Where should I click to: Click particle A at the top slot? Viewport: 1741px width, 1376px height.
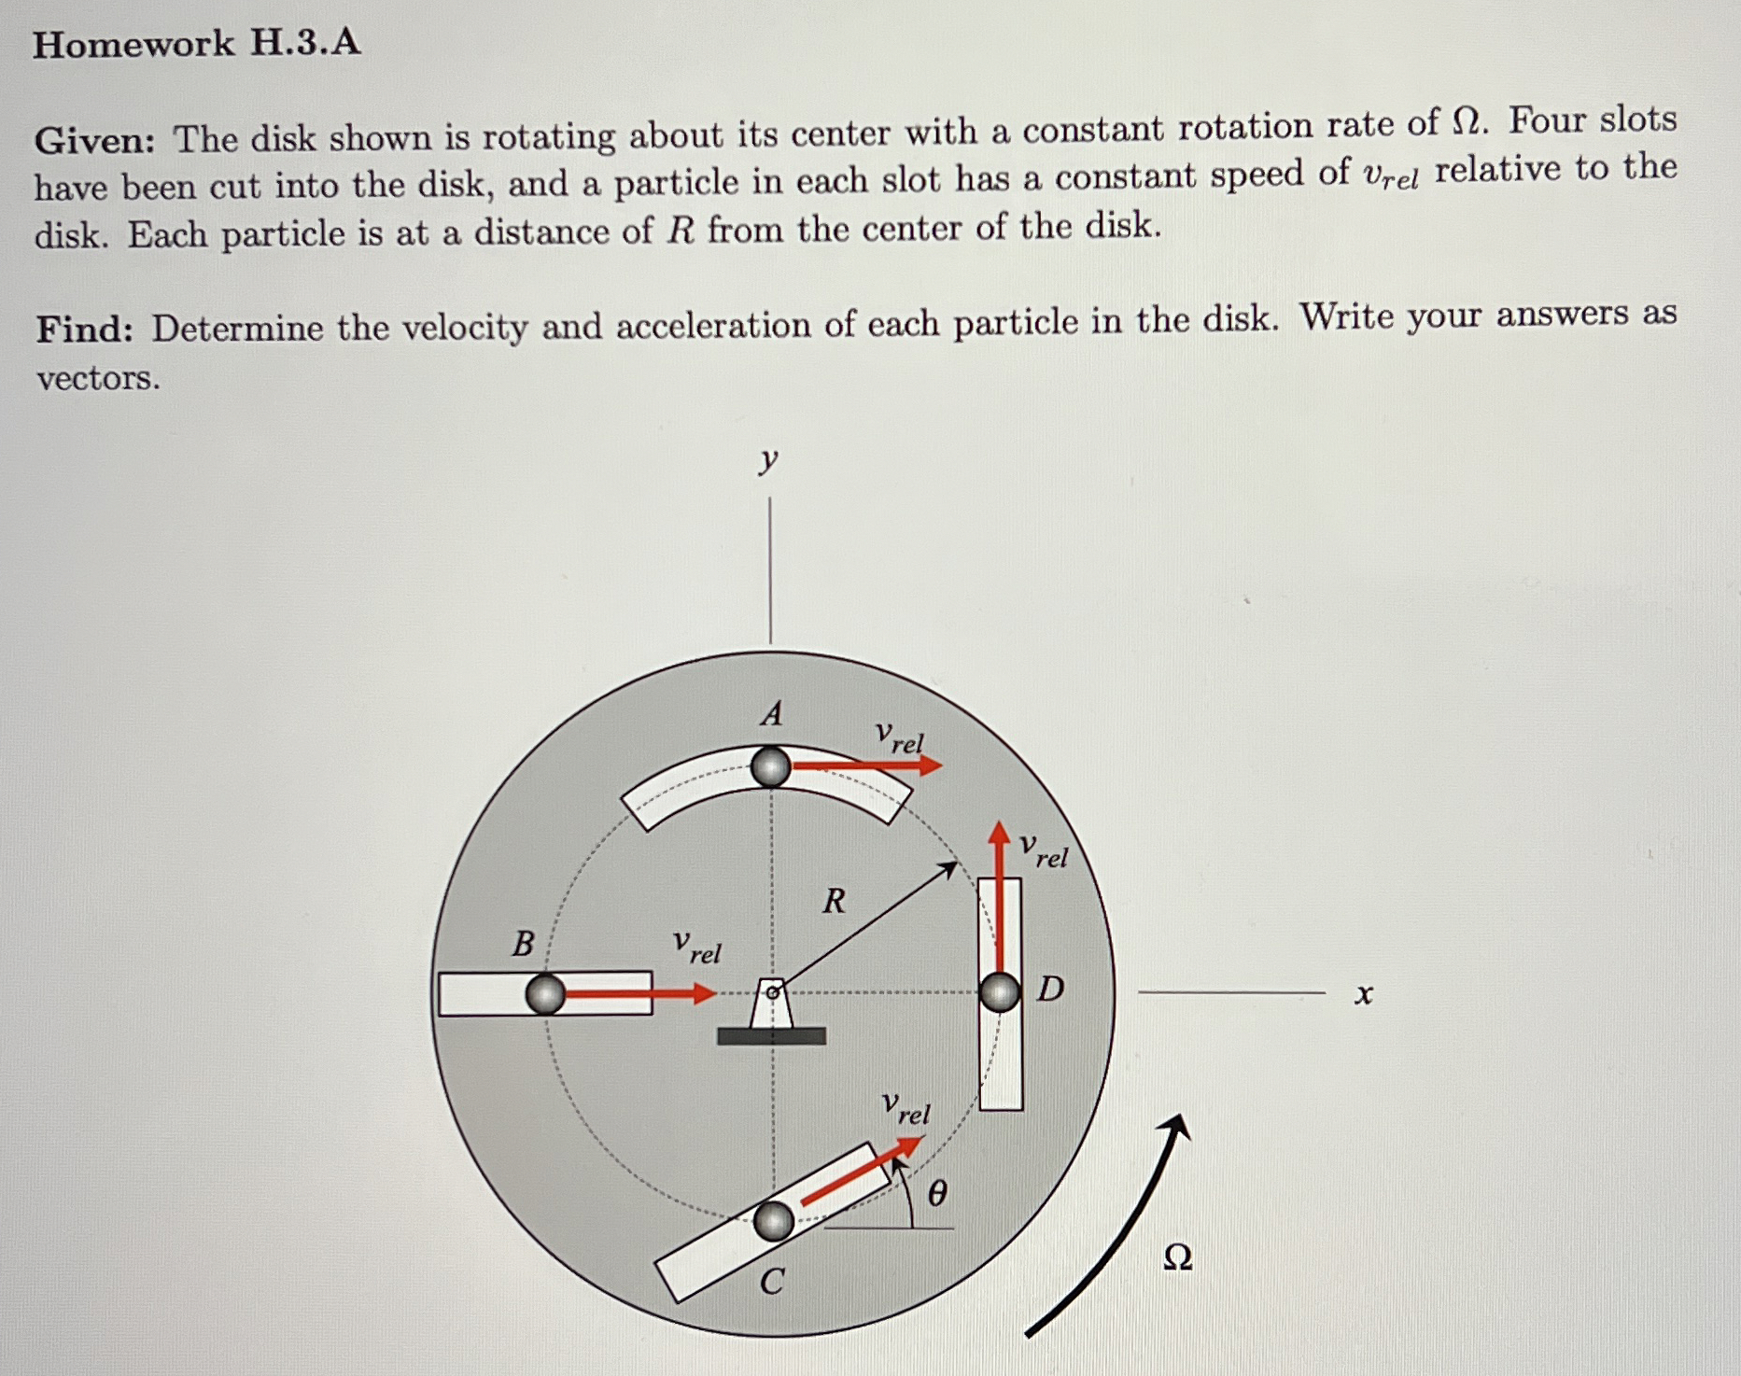(x=771, y=767)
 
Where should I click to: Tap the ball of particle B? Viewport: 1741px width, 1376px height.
(x=545, y=994)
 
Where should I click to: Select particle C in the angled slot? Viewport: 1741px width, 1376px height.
(x=774, y=1221)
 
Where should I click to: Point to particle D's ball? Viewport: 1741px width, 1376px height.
(x=1000, y=991)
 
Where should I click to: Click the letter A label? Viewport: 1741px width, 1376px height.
(x=771, y=714)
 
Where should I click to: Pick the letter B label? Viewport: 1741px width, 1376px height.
(x=523, y=944)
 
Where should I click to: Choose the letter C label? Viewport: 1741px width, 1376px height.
(x=771, y=1283)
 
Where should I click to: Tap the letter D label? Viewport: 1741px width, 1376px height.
(x=1050, y=989)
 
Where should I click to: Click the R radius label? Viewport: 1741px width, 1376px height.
(x=834, y=901)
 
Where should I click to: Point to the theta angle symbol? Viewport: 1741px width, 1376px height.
(x=937, y=1193)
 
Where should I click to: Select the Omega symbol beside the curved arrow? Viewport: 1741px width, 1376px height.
(x=1178, y=1258)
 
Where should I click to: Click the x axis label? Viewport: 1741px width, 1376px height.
(x=1364, y=995)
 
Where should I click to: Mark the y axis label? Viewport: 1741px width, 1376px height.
(x=767, y=459)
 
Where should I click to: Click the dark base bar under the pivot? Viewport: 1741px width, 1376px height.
(x=771, y=1035)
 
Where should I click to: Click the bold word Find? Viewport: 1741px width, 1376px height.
(x=84, y=330)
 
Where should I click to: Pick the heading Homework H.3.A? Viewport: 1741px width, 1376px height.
(x=196, y=44)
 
